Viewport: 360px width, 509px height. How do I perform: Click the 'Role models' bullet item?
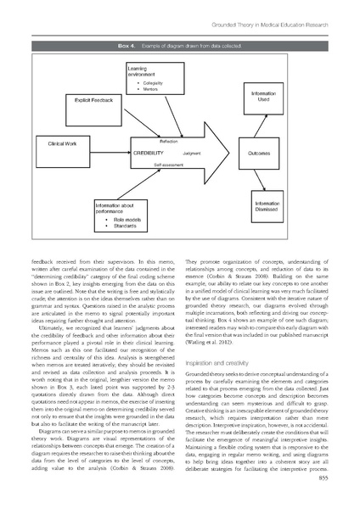128,220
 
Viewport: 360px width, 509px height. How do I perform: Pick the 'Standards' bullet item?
127,227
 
